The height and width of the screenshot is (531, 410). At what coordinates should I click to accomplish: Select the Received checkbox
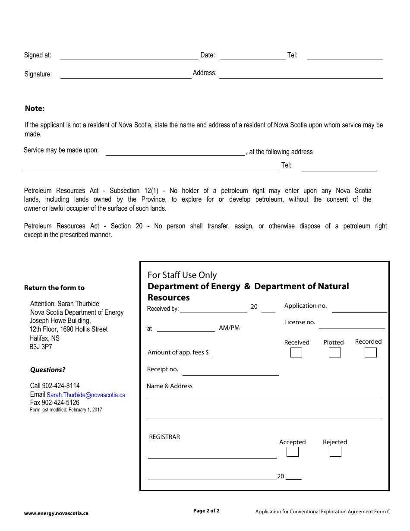[296, 353]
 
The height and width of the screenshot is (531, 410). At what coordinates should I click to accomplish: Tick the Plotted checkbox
[334, 353]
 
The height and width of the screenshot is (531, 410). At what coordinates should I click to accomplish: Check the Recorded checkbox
[370, 353]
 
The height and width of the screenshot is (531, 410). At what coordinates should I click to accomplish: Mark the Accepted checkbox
[292, 452]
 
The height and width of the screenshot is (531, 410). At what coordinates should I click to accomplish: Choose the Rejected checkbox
[335, 452]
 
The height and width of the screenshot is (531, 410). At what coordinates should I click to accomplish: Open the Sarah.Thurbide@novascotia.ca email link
[86, 395]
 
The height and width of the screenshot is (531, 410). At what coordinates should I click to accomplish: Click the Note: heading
[35, 108]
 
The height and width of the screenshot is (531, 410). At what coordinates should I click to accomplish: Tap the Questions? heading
[47, 370]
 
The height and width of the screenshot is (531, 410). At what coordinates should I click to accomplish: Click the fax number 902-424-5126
[60, 402]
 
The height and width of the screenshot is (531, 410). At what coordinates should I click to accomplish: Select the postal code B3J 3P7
[41, 347]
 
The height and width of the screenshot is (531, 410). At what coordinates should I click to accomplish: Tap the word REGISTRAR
[164, 437]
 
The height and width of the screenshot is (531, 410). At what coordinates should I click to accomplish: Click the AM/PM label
[229, 328]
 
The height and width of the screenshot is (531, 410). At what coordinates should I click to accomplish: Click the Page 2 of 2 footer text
[206, 511]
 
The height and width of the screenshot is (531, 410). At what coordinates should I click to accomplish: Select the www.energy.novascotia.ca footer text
[56, 513]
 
